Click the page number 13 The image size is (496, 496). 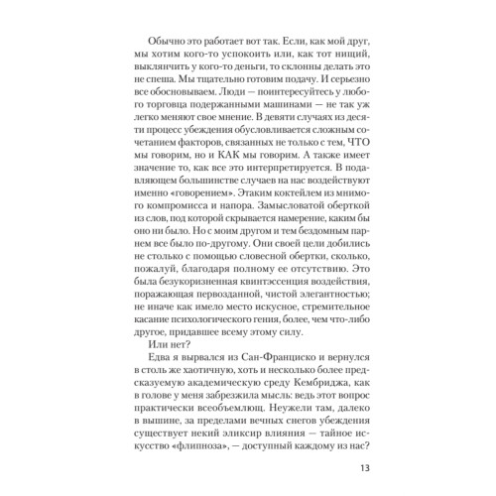coord(364,469)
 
